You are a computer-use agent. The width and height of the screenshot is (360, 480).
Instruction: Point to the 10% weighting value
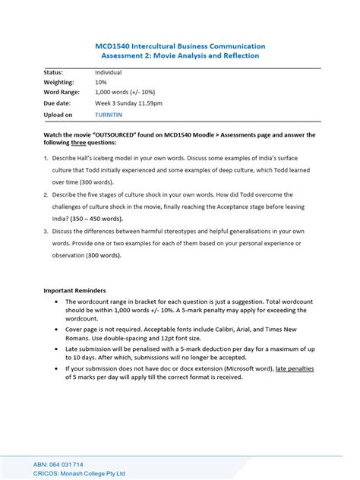101,82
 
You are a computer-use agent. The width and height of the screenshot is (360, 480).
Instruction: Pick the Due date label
57,103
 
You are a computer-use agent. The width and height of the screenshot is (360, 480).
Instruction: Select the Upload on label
58,115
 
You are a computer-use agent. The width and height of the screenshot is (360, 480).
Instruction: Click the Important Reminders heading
74,290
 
